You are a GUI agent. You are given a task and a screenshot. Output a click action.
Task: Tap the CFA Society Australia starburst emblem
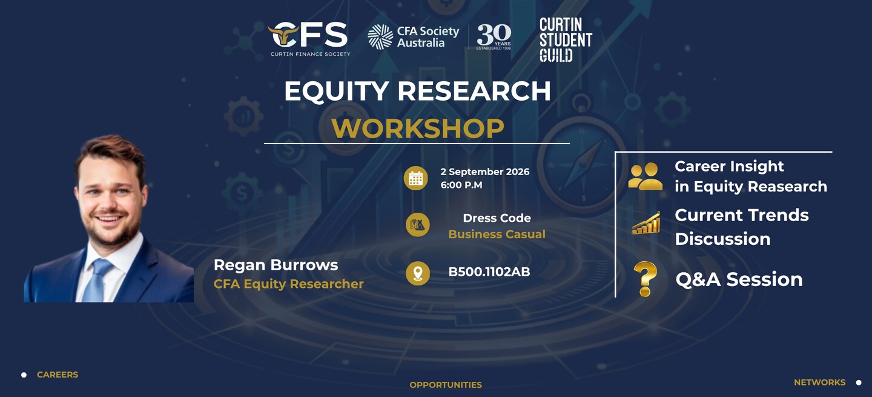point(380,37)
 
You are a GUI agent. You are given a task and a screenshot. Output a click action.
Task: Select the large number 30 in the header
point(493,35)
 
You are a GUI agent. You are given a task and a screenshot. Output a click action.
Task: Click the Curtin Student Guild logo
point(566,40)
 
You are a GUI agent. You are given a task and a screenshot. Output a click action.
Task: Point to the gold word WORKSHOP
point(418,128)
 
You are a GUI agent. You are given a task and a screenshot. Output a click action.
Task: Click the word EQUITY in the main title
point(336,92)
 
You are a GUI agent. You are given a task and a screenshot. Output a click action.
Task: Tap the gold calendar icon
point(416,178)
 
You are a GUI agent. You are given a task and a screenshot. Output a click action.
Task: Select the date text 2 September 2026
point(484,172)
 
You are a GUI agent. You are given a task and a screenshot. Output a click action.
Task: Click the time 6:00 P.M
point(461,185)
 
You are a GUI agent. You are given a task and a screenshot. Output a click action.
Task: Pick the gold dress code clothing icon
point(418,225)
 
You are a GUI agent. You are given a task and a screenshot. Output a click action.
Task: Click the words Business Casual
point(497,234)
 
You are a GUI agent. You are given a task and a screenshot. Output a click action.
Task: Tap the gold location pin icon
point(418,273)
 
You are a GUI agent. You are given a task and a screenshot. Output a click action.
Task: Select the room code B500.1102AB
point(489,272)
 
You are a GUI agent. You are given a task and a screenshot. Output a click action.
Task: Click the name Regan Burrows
point(276,265)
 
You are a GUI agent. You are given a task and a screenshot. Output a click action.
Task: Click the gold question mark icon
point(645,279)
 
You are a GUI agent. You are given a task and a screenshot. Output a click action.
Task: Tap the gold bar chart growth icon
point(646,223)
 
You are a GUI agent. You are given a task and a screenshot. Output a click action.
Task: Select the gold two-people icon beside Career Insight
point(645,176)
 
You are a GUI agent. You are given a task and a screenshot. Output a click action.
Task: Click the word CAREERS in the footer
point(58,375)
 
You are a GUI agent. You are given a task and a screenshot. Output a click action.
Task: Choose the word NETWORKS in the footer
point(819,382)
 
